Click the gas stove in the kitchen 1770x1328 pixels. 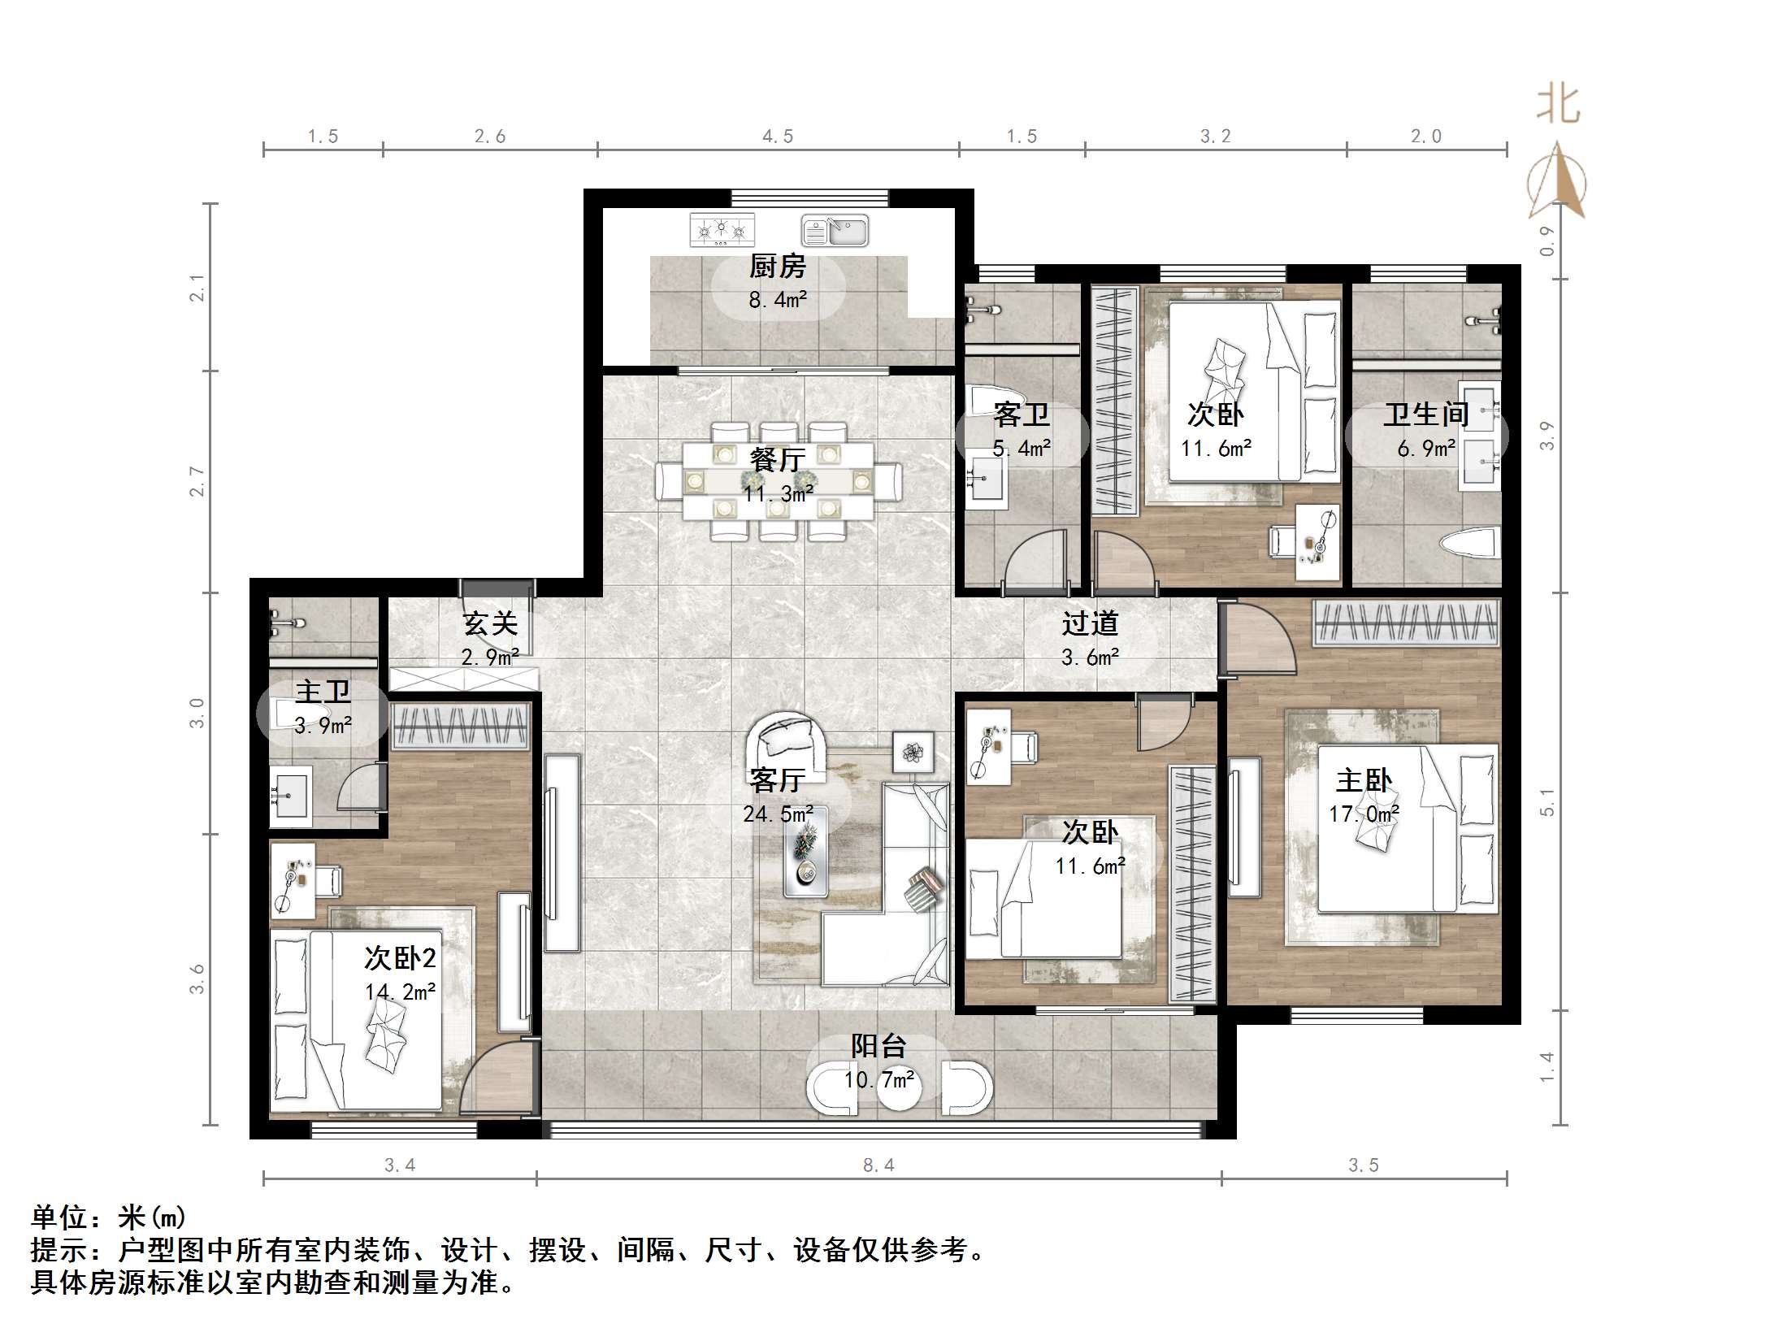(722, 230)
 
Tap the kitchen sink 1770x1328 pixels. (835, 231)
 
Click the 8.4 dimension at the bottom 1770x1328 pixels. (878, 1165)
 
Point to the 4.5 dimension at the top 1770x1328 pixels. (778, 137)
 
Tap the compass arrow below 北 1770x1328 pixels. (1557, 182)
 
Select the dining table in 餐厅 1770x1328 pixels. (778, 481)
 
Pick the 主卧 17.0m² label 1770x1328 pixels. (1364, 796)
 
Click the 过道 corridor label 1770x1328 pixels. (1090, 624)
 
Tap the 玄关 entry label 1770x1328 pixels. (490, 624)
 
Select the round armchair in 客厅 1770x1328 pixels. (787, 740)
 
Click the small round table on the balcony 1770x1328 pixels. (899, 1089)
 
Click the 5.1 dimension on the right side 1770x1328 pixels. (1547, 801)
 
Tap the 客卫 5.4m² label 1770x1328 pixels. (1022, 431)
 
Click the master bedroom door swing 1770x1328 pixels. (1258, 637)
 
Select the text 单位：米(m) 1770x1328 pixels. (108, 1217)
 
